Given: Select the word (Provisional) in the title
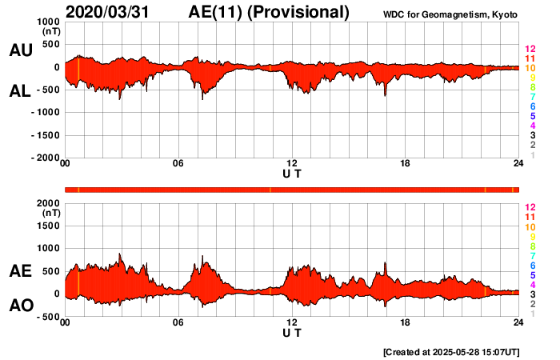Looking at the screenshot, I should pyautogui.click(x=300, y=12).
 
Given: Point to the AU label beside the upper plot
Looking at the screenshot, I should pyautogui.click(x=20, y=50).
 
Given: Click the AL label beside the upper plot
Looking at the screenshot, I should pyautogui.click(x=20, y=91).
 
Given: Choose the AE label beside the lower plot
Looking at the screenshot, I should pyautogui.click(x=20, y=272).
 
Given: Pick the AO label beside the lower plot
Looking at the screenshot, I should pyautogui.click(x=20, y=306).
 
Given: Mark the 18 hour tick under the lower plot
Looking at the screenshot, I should pyautogui.click(x=406, y=322).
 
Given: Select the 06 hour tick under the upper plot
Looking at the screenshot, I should pyautogui.click(x=178, y=164).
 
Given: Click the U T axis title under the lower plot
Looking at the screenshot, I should pyautogui.click(x=292, y=332).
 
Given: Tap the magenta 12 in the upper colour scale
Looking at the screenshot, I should pyautogui.click(x=530, y=50).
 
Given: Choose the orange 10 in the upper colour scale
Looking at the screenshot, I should pyautogui.click(x=530, y=69).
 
